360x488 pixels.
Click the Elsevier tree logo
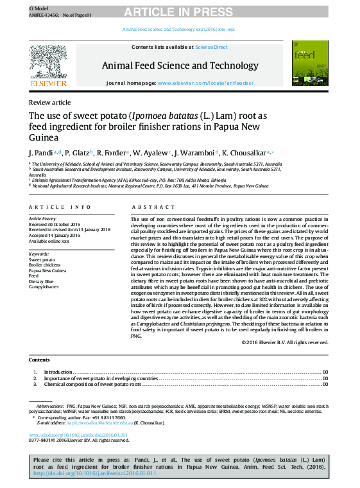[x=47, y=64]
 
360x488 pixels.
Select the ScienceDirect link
[x=211, y=47]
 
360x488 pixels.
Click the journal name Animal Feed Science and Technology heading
[x=180, y=65]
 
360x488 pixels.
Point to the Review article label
[x=49, y=103]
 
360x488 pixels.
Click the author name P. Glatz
[x=80, y=153]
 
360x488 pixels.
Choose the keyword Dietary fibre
[x=41, y=281]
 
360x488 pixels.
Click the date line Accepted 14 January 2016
[x=55, y=235]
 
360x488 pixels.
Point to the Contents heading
[x=39, y=360]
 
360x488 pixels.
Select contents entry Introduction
[x=58, y=372]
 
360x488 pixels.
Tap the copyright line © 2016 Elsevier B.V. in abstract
[x=285, y=342]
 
